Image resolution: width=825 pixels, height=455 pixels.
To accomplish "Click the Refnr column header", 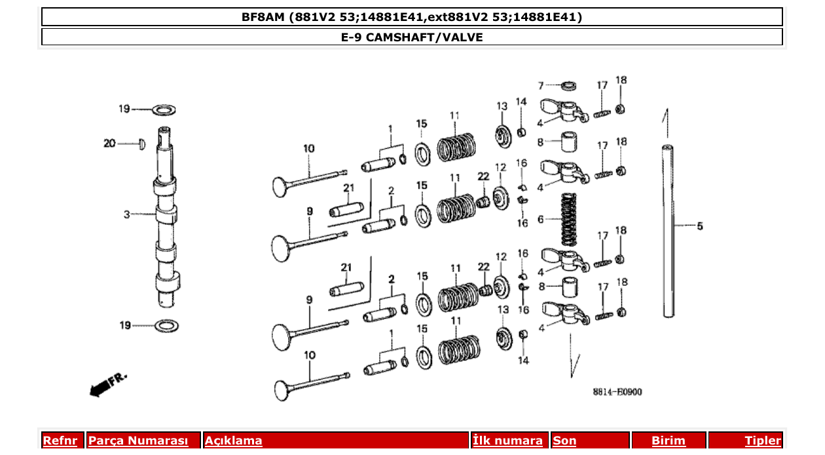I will click(x=60, y=441).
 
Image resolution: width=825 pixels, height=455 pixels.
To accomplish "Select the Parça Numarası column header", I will click(x=138, y=441).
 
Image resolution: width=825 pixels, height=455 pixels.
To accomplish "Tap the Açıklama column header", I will click(x=234, y=441).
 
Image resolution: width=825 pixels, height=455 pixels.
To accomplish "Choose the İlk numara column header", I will click(x=507, y=441).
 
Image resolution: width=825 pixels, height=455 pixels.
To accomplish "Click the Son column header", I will click(x=564, y=441).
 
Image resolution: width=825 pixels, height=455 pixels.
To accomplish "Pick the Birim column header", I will click(x=668, y=441).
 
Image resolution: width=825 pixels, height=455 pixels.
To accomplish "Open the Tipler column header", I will click(x=763, y=441).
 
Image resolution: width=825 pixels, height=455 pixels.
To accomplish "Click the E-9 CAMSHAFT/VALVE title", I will click(x=412, y=37).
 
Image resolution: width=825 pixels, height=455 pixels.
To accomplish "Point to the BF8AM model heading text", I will click(x=412, y=17).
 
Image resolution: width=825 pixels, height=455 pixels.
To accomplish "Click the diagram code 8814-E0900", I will click(x=617, y=392).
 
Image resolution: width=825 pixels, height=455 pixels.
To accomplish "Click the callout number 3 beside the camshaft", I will click(x=127, y=214).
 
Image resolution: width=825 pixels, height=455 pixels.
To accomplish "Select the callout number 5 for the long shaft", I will click(x=699, y=226).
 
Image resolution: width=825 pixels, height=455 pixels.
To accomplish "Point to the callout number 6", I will click(x=540, y=219).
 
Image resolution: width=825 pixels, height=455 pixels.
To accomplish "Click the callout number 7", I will click(x=541, y=85).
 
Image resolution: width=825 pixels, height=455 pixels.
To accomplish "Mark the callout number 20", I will click(x=109, y=143).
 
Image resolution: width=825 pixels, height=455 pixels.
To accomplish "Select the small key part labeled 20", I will click(x=141, y=144).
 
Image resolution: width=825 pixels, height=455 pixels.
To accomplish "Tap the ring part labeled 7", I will click(x=570, y=85).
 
